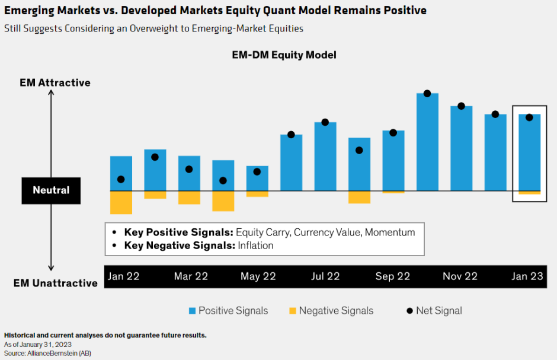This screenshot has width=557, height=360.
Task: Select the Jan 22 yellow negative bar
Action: [x=121, y=202]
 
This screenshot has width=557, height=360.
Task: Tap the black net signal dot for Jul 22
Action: [x=325, y=122]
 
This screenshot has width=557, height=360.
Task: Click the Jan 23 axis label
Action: [x=528, y=276]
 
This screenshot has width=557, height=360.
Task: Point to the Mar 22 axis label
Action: [x=191, y=276]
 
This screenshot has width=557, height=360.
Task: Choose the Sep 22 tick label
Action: [x=392, y=276]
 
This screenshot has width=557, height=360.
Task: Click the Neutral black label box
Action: [x=51, y=190]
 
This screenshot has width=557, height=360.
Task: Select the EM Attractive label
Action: [x=55, y=82]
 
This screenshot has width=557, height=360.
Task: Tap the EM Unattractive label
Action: [x=56, y=283]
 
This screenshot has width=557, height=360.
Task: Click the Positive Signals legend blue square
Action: [x=192, y=311]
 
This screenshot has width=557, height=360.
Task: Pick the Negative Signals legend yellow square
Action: [x=292, y=311]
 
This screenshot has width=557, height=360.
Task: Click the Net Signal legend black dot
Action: [x=409, y=311]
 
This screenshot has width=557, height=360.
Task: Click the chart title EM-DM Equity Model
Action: [x=284, y=55]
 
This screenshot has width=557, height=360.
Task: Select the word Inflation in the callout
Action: [x=256, y=245]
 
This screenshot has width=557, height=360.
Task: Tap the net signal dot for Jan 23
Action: [x=529, y=117]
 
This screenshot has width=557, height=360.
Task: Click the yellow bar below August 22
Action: [x=359, y=197]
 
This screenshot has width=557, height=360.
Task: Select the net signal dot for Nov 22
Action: [x=461, y=106]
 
